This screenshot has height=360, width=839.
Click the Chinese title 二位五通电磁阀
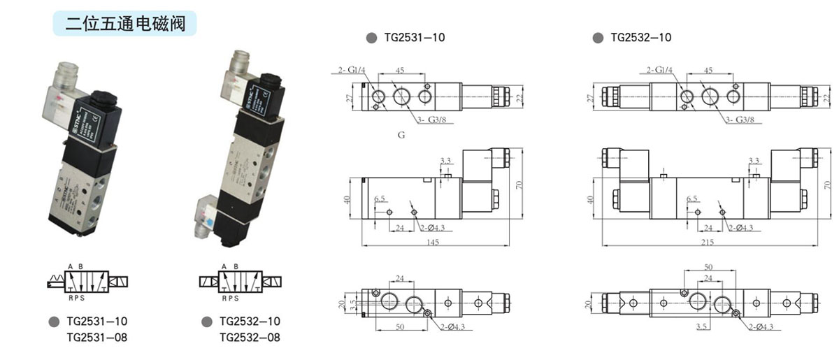[125, 24]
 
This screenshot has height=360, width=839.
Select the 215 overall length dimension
[708, 243]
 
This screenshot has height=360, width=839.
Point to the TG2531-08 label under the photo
[96, 338]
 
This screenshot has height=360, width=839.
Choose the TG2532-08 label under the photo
[250, 338]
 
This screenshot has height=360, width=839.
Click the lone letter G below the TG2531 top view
[401, 135]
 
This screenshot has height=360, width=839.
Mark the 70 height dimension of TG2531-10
[519, 185]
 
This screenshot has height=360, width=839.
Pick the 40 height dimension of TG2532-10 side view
[591, 200]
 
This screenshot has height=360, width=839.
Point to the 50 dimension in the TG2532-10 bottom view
[708, 268]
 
